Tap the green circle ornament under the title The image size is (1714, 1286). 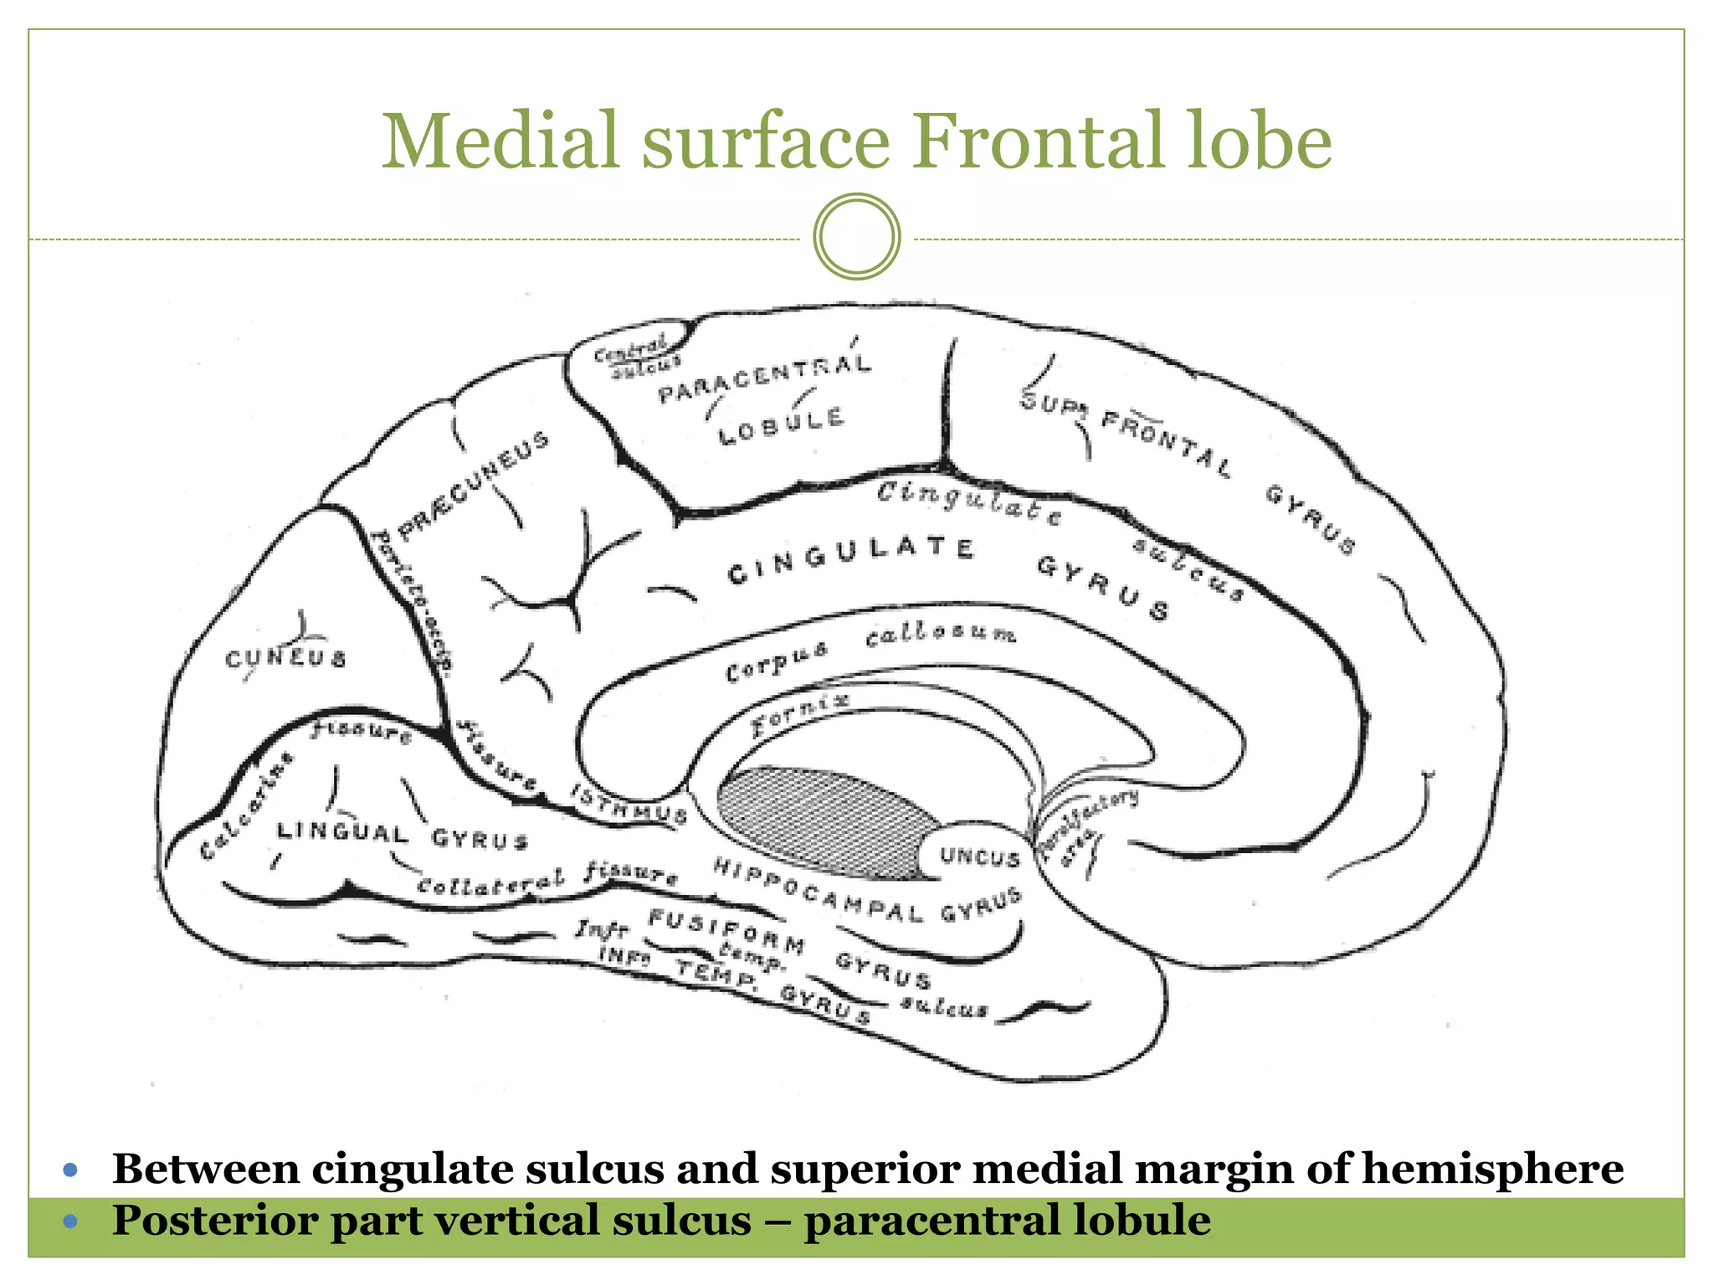tap(856, 237)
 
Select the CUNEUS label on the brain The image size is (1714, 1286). tap(285, 659)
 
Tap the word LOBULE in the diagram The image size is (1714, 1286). tap(781, 426)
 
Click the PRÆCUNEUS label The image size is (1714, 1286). tap(473, 486)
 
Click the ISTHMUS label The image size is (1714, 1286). tap(629, 804)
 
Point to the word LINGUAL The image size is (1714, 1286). tap(342, 832)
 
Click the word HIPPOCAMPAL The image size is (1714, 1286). tap(818, 890)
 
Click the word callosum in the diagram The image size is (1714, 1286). tap(941, 635)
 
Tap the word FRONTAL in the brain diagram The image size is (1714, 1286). tap(1166, 443)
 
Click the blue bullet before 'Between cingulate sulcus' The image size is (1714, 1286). tap(70, 1170)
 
